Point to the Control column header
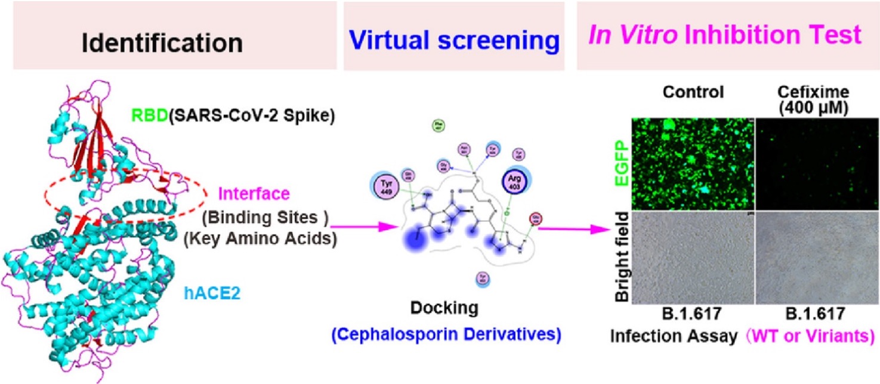click(693, 92)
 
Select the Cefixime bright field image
click(817, 258)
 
